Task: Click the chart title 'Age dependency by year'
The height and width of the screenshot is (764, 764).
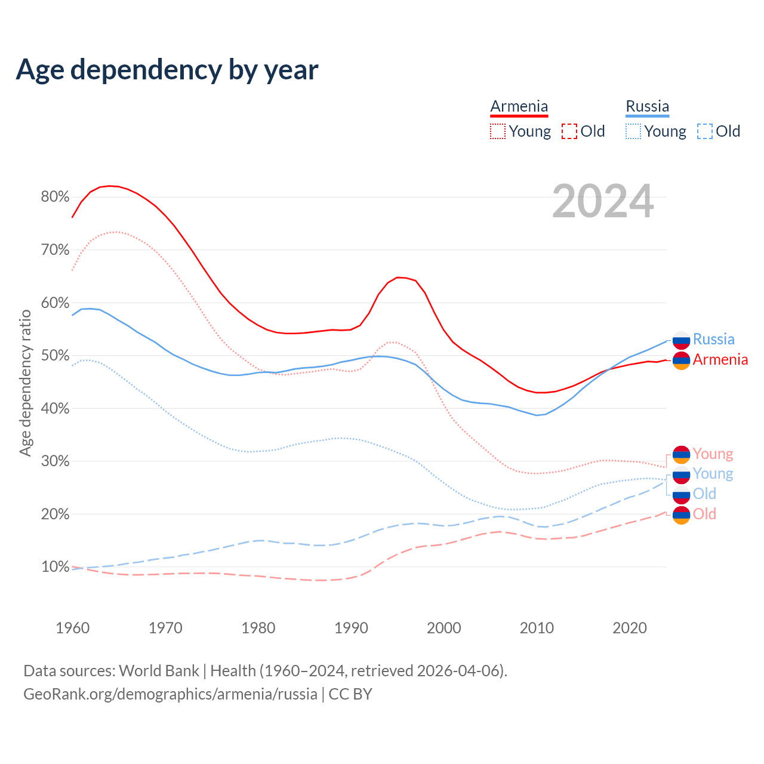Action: [167, 69]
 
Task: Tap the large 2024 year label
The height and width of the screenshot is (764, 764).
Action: [603, 201]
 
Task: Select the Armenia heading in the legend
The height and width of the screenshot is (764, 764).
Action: [519, 106]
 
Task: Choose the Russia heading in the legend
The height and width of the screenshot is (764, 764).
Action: [647, 106]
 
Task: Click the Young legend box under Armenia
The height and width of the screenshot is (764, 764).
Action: [498, 131]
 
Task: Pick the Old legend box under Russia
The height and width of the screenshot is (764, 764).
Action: [704, 131]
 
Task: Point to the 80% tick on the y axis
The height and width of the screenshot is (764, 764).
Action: [55, 197]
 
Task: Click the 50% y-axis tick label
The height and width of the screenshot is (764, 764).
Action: [55, 356]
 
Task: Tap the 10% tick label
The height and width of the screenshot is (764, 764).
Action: [55, 567]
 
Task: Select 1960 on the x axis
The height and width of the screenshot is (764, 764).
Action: [72, 628]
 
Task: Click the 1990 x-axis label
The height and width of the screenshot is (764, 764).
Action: [351, 628]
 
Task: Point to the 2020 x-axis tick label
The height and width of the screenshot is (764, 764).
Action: [630, 628]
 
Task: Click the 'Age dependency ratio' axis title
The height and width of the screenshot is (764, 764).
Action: [25, 383]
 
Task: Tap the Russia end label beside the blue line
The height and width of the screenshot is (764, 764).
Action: [713, 339]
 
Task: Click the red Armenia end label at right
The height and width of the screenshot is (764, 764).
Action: [720, 359]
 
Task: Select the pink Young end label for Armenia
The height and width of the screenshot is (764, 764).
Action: [713, 454]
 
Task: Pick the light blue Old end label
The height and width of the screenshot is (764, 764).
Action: [704, 494]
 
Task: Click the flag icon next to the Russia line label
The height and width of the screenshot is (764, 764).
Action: [681, 340]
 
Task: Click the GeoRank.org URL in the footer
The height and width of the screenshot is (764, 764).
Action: [170, 694]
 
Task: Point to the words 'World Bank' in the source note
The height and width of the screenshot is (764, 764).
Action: [159, 670]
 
